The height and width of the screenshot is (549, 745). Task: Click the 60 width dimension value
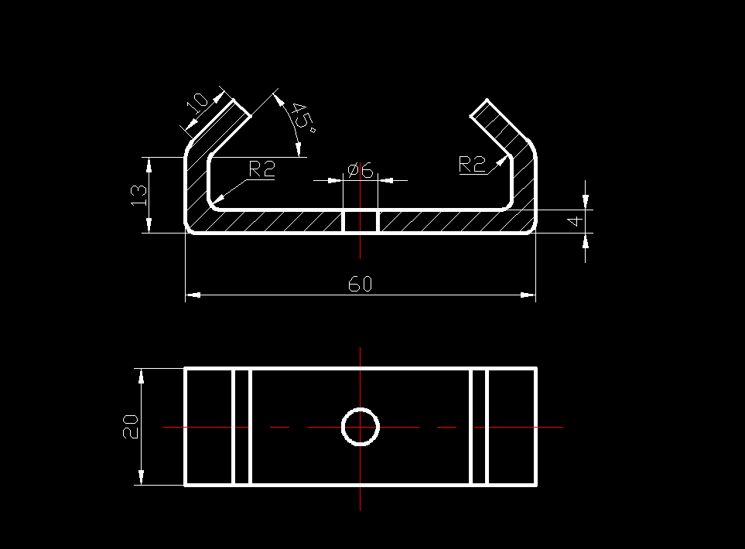point(360,284)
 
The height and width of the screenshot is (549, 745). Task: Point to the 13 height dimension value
point(138,194)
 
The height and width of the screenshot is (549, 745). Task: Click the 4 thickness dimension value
point(574,221)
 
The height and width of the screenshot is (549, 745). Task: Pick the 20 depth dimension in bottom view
point(130,426)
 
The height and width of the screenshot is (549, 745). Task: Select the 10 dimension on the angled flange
point(197,102)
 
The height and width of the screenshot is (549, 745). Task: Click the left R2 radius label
point(261,169)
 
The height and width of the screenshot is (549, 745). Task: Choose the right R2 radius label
point(472,164)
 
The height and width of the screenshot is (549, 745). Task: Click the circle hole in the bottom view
point(360,427)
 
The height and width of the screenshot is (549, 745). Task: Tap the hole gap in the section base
point(360,221)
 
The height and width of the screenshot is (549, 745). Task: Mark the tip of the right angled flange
point(480,108)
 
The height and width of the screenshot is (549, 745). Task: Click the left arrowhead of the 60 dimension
point(192,295)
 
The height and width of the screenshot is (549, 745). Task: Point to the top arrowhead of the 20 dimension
point(141,374)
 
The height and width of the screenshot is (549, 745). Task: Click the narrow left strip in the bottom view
point(242,427)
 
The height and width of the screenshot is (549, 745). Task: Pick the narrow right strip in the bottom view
point(478,427)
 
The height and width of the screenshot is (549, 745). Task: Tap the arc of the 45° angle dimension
point(292,124)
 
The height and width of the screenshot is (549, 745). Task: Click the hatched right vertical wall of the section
point(525,182)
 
